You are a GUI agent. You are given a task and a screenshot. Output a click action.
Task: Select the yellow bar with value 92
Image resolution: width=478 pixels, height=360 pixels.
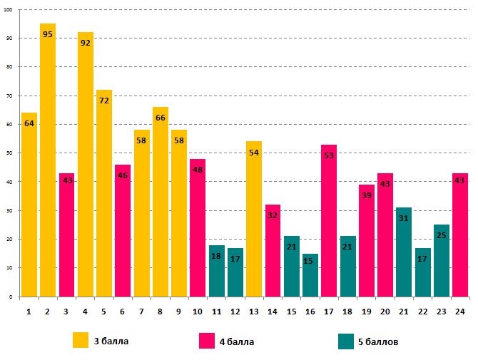(x=86, y=164)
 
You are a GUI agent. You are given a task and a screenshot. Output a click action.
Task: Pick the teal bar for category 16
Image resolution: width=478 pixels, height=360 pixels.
(x=310, y=275)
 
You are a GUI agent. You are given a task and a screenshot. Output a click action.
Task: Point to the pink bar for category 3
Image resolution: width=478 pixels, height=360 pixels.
(x=67, y=235)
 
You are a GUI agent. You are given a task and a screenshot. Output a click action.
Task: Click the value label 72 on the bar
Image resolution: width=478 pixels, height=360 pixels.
(x=104, y=101)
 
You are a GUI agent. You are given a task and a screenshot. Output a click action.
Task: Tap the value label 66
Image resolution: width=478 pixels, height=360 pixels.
(x=161, y=118)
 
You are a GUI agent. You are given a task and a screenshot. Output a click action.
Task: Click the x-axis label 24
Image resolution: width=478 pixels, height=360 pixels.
(x=459, y=311)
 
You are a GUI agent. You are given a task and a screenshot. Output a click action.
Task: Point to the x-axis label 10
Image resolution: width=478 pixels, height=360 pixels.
(x=198, y=311)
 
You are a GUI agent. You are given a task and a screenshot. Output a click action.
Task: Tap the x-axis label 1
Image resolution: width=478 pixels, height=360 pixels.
(x=29, y=311)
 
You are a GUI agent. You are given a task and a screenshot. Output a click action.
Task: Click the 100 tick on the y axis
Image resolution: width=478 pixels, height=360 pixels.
(x=8, y=9)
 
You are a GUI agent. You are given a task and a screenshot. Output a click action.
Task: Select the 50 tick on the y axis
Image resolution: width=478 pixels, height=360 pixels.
(x=9, y=153)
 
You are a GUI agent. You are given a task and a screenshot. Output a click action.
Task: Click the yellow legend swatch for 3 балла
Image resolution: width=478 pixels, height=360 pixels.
(x=81, y=341)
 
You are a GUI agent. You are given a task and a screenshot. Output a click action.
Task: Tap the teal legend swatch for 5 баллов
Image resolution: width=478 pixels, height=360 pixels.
(x=345, y=341)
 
